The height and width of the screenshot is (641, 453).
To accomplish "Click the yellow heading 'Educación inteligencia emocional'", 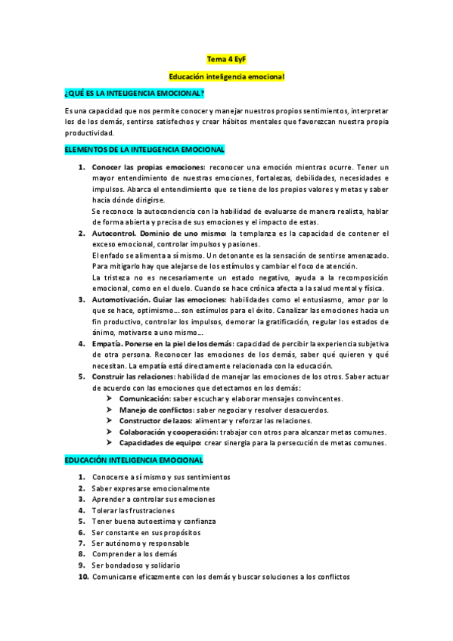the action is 226,76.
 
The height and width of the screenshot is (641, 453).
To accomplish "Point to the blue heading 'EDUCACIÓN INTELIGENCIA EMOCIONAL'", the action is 134,460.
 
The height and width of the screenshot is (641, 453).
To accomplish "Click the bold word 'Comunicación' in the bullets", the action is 144,398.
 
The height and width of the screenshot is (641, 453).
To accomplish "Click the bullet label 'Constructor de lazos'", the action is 155,420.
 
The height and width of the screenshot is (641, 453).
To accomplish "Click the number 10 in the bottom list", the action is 83,577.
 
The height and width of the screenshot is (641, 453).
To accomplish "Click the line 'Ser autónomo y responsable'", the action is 141,543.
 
